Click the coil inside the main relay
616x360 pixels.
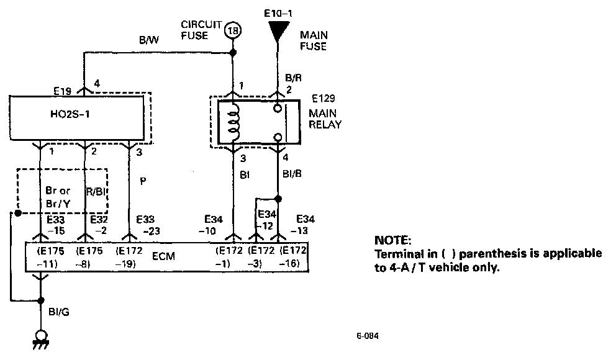click(x=233, y=122)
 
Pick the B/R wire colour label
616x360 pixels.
click(x=293, y=78)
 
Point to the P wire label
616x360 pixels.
click(x=143, y=181)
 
